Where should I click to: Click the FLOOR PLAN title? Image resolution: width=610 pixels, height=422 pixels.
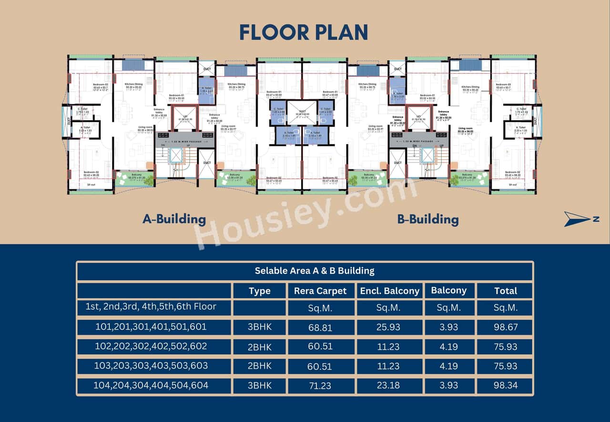[304, 32]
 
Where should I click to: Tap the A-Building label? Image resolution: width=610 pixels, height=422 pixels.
[174, 219]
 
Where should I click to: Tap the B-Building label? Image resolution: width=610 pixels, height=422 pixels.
[427, 219]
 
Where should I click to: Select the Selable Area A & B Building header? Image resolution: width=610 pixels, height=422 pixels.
[315, 271]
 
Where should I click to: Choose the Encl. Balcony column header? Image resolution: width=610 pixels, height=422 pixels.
[389, 291]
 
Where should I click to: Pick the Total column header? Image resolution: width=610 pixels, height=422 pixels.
[505, 291]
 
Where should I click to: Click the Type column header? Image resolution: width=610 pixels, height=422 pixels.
[259, 291]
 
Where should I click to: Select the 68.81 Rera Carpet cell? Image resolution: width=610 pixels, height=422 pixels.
[320, 328]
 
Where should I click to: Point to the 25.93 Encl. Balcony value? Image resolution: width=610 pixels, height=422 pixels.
[388, 328]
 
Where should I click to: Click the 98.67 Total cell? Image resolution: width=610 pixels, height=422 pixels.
[505, 328]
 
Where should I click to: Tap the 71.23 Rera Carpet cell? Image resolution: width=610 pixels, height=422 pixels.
[320, 385]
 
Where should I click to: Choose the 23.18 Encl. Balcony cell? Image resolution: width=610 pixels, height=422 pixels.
[388, 385]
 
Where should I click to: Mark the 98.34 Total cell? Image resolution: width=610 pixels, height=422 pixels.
[505, 385]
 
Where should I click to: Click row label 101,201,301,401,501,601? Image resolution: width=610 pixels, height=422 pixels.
[151, 327]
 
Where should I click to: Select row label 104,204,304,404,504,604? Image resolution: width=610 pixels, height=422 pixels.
[151, 385]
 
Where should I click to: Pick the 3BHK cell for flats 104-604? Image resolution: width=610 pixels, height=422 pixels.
[259, 385]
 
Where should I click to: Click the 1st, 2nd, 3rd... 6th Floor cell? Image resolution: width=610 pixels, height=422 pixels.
[151, 307]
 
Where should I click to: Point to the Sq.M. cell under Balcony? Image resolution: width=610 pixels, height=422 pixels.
[448, 308]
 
